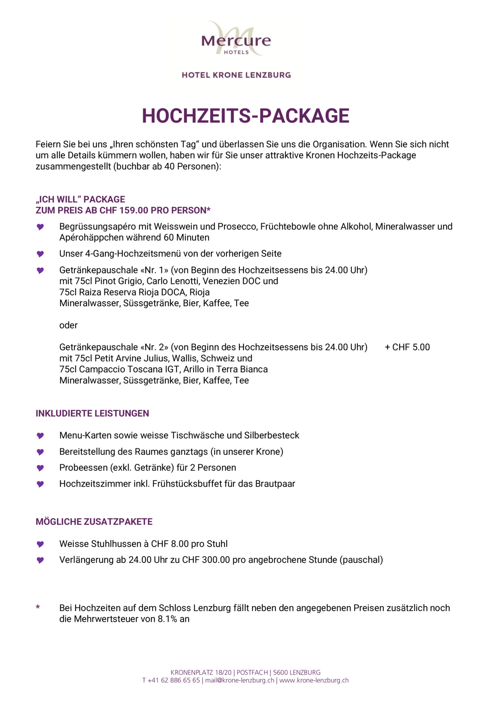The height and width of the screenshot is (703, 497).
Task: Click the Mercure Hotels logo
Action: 236,39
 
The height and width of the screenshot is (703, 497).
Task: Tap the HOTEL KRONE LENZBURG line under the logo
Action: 236,75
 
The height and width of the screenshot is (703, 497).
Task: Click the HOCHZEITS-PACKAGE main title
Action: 245,116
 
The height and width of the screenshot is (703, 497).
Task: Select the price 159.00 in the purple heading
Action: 134,210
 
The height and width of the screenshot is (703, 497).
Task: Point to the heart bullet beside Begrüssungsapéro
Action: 40,227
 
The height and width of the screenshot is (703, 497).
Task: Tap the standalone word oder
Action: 68,325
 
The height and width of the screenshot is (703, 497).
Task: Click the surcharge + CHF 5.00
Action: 407,347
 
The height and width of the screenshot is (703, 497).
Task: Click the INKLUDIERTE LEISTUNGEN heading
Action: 92,413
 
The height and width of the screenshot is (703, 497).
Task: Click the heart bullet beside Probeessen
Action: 40,468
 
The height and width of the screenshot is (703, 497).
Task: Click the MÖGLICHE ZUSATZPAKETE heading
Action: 94,522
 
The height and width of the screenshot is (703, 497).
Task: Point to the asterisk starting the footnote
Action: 38,607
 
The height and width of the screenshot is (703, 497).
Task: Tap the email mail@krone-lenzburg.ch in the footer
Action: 240,680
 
